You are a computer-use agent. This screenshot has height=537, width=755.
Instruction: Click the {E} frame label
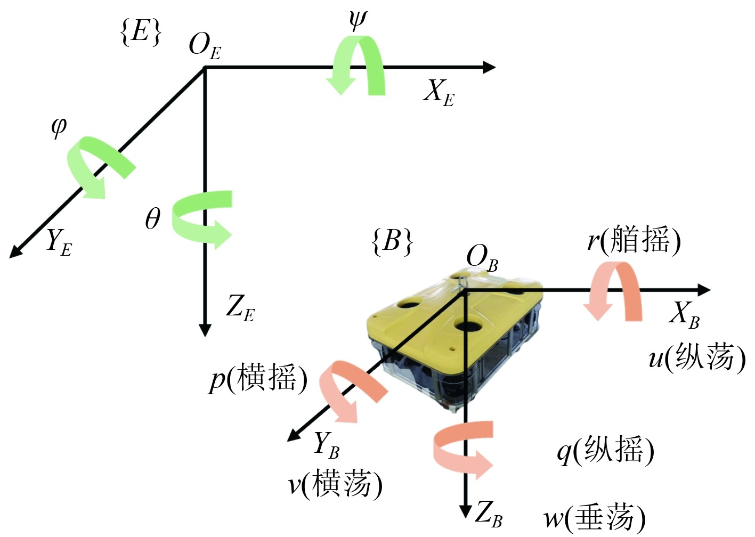point(141,31)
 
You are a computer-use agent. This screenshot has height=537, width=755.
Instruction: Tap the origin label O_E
point(205,45)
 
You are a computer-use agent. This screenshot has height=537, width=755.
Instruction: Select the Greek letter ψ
point(358,19)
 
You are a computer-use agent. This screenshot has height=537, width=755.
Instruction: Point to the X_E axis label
point(439,92)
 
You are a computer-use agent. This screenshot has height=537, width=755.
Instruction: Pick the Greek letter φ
point(58,127)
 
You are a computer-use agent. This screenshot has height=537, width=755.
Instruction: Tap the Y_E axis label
point(59,242)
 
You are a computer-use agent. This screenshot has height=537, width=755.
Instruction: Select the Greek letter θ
point(152,218)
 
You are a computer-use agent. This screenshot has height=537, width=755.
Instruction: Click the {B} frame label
point(392,241)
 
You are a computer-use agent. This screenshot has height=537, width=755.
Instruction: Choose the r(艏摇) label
point(634,240)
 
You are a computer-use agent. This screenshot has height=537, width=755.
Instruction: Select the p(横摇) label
point(258,379)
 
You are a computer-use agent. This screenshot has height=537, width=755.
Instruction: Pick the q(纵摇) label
point(605,451)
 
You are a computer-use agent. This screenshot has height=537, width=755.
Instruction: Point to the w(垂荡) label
point(594,517)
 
